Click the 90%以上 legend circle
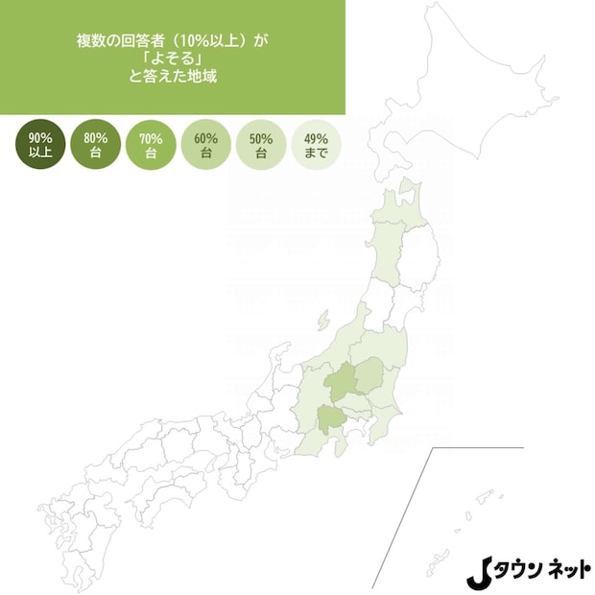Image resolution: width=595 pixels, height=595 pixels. click(x=40, y=145)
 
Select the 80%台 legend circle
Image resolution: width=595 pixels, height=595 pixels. click(x=95, y=145)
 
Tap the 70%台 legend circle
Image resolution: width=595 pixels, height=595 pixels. click(x=151, y=145)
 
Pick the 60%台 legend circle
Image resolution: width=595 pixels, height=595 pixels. click(x=205, y=145)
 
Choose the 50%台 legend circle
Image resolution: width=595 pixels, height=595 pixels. click(x=260, y=145)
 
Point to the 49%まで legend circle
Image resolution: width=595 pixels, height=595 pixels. click(x=316, y=145)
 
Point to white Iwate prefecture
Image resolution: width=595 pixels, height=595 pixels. click(x=422, y=254)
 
